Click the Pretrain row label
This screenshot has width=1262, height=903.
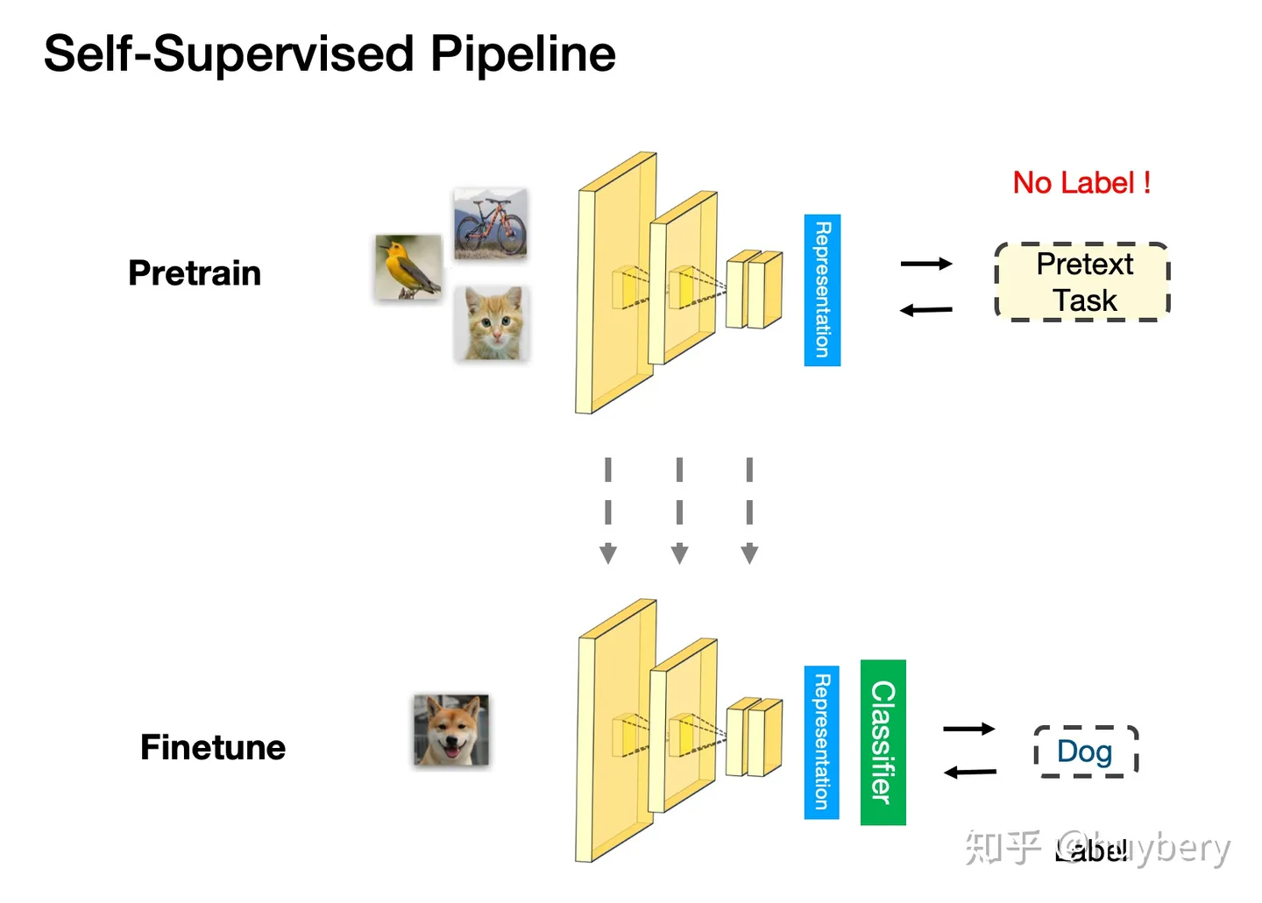[x=195, y=273]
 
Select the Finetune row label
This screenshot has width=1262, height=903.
[x=213, y=747]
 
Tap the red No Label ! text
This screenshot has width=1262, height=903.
[x=1081, y=183]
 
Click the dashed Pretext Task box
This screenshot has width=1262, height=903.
[x=1082, y=282]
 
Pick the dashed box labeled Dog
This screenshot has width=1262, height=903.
[x=1086, y=751]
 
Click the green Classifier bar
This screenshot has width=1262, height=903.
[x=883, y=742]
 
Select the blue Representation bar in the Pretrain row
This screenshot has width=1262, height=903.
[x=822, y=290]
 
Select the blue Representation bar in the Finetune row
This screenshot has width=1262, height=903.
[x=821, y=742]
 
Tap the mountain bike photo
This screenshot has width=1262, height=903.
[x=490, y=223]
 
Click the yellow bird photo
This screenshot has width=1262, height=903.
[x=408, y=267]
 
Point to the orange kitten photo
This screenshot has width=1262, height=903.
[x=493, y=323]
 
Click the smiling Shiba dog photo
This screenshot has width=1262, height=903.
[x=451, y=730]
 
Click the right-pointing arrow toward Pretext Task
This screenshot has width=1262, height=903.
[x=926, y=264]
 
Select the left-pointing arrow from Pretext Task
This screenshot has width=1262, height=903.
[x=926, y=310]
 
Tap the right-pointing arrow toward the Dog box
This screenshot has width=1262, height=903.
[x=968, y=729]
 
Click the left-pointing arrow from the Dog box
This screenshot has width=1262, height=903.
[x=969, y=772]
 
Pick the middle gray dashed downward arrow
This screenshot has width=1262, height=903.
[x=679, y=510]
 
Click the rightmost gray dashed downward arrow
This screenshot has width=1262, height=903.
[x=749, y=510]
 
